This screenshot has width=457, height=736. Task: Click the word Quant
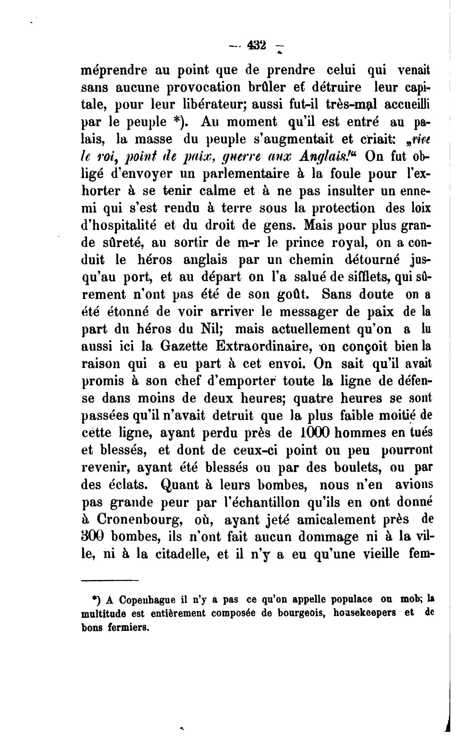click(178, 485)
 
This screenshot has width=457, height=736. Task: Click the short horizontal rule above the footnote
click(109, 580)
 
